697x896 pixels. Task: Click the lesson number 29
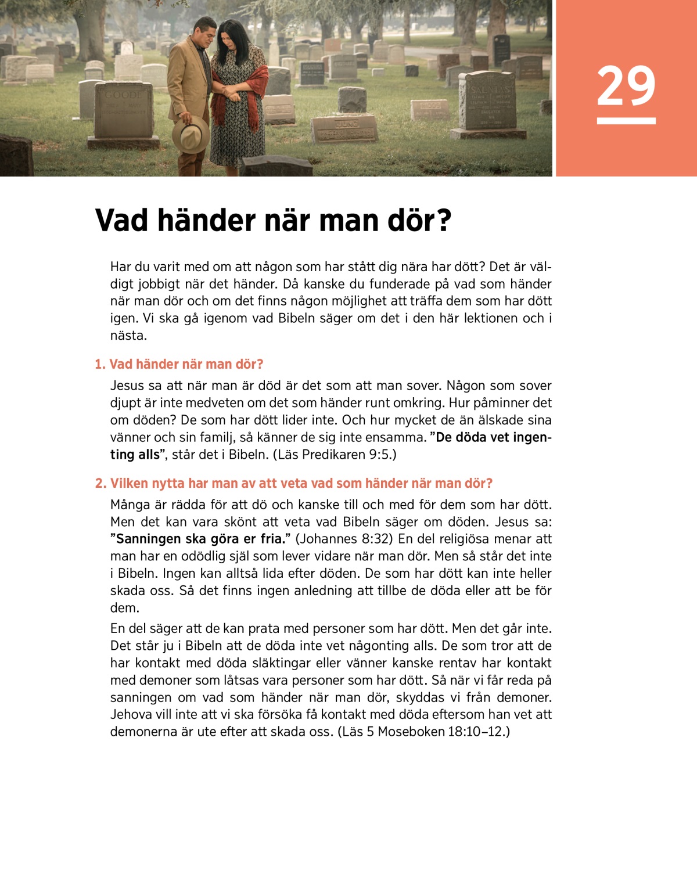tap(626, 86)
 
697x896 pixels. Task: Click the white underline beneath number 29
tap(626, 121)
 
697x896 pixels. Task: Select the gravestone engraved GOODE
tap(123, 110)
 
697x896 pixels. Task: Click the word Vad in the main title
tap(121, 221)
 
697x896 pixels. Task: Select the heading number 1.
tap(100, 365)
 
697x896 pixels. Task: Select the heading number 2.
tap(100, 484)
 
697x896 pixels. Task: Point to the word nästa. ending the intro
tap(128, 336)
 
